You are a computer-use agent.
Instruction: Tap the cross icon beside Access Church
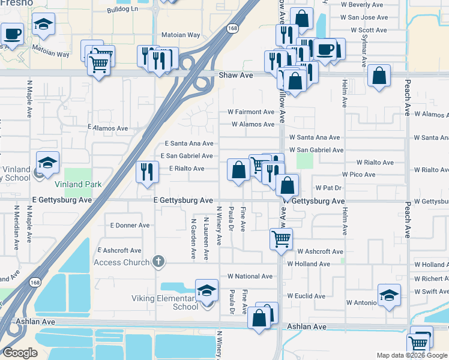(x=158, y=261)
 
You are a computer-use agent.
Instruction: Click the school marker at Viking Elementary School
(x=206, y=292)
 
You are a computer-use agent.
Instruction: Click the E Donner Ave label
(x=130, y=226)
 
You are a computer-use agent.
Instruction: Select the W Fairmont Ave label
(x=250, y=112)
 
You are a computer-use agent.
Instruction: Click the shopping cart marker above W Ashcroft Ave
(x=281, y=239)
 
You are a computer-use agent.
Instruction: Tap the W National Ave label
(x=250, y=277)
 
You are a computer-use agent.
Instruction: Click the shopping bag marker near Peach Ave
(x=379, y=76)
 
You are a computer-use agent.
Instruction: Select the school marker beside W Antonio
(x=389, y=295)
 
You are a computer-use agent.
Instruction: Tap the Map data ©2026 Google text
(x=411, y=355)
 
